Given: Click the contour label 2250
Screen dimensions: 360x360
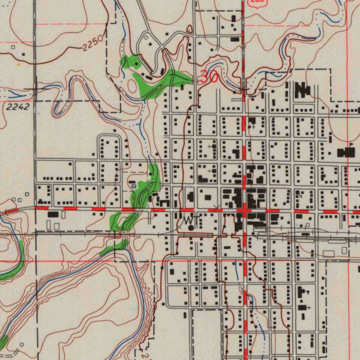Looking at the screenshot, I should [x=93, y=43].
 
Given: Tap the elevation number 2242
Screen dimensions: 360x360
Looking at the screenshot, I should [x=17, y=107].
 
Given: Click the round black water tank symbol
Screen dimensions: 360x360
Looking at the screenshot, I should [x=191, y=228].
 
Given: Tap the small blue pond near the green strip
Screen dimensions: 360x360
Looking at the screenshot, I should [x=133, y=186].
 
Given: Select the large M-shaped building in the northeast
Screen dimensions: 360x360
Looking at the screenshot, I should [x=303, y=90].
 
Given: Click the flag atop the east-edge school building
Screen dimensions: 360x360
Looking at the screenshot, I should [x=351, y=144].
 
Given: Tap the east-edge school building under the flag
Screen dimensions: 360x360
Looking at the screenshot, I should [x=346, y=153].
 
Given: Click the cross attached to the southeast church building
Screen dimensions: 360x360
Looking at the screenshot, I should [x=308, y=308].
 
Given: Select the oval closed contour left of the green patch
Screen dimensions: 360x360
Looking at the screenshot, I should [x=132, y=85].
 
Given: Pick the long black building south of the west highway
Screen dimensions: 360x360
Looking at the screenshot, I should [x=53, y=214].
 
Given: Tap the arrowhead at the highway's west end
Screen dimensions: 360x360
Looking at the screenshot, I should [x=5, y=212].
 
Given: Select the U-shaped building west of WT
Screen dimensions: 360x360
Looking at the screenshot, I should [x=165, y=203].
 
